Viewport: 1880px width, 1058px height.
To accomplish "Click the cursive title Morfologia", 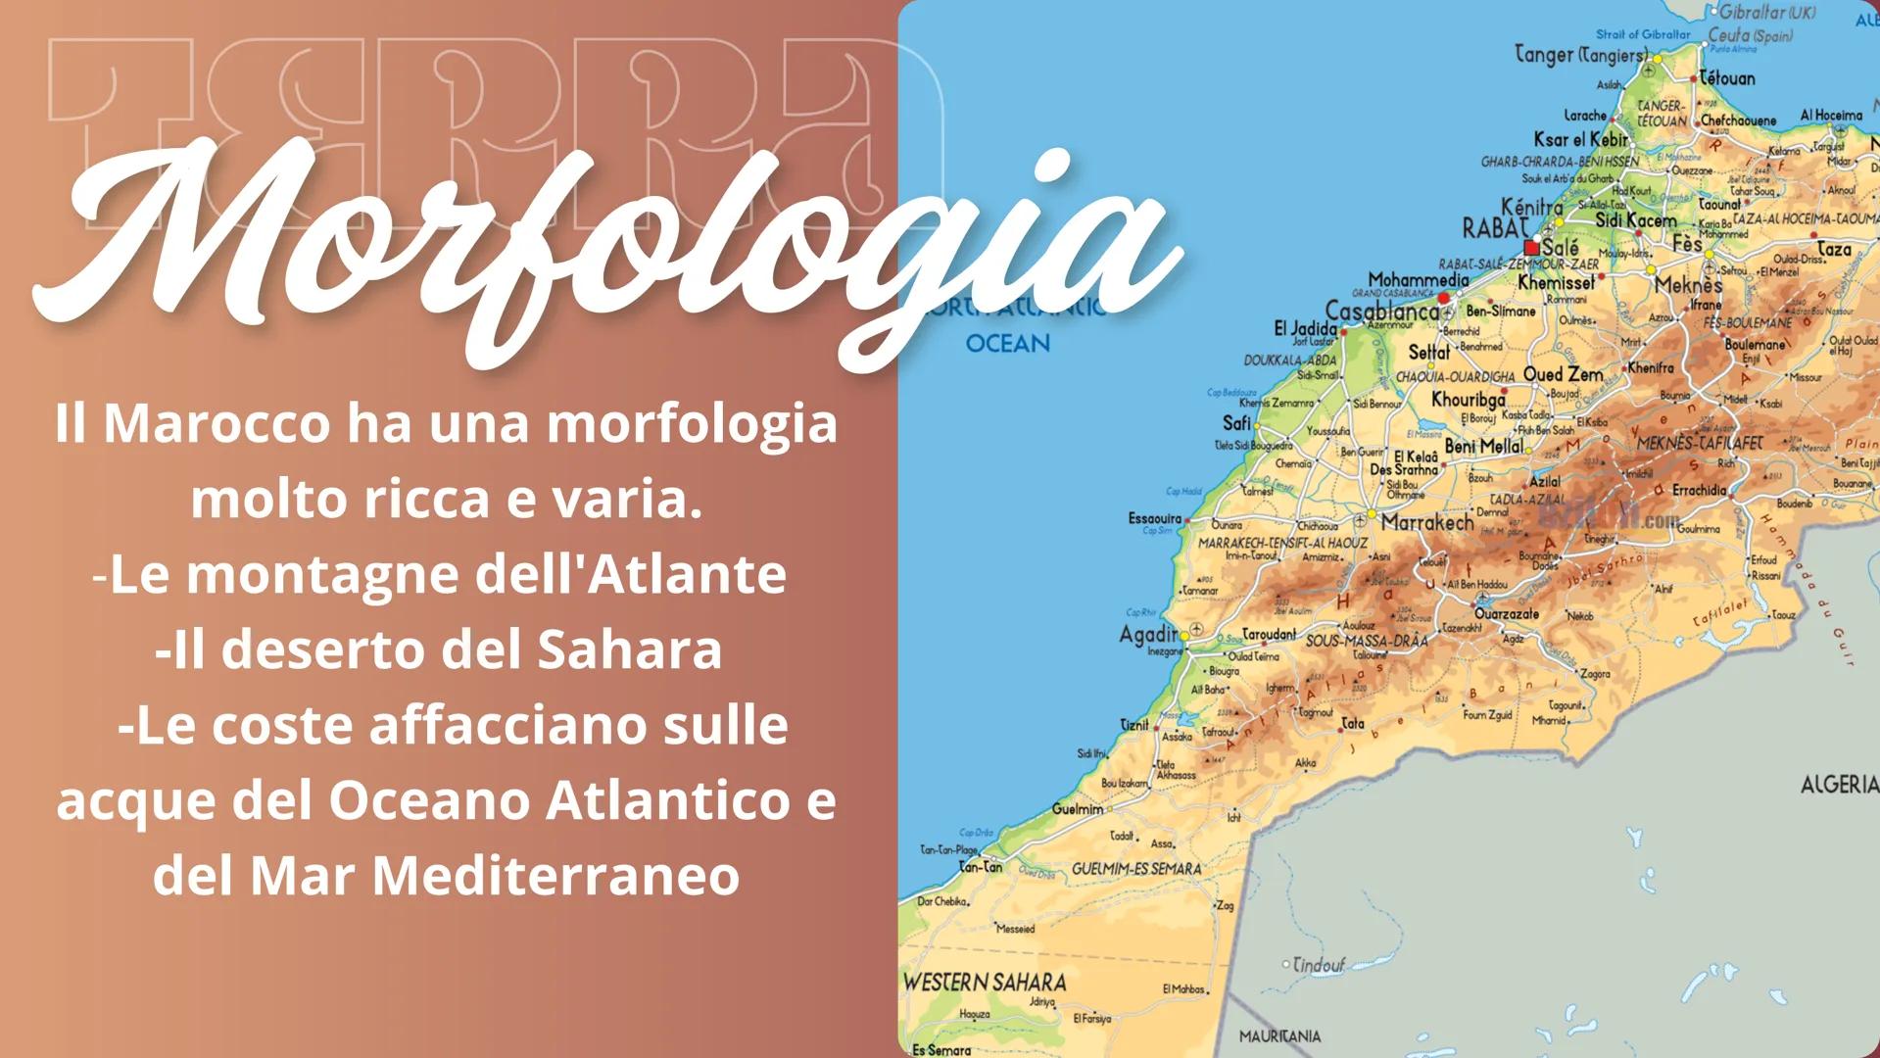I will [607, 245].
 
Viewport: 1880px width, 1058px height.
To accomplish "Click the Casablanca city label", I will [1381, 313].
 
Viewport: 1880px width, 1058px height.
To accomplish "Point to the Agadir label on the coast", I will [1147, 635].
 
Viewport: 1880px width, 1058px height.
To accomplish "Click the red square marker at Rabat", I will [1531, 248].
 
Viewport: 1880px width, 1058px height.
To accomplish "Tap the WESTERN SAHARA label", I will [984, 982].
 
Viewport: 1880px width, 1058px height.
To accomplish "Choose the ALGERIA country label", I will [1839, 785].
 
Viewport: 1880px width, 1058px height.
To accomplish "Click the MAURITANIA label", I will [1278, 1035].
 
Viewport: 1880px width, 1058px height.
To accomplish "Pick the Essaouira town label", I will [1154, 518].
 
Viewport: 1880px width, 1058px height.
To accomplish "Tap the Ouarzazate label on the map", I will [1506, 614].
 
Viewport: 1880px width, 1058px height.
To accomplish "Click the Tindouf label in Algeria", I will [1319, 965].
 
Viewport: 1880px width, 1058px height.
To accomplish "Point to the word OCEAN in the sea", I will [1007, 344].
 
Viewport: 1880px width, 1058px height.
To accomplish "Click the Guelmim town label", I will [1078, 809].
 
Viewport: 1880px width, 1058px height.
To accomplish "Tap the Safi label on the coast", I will [1236, 422].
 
